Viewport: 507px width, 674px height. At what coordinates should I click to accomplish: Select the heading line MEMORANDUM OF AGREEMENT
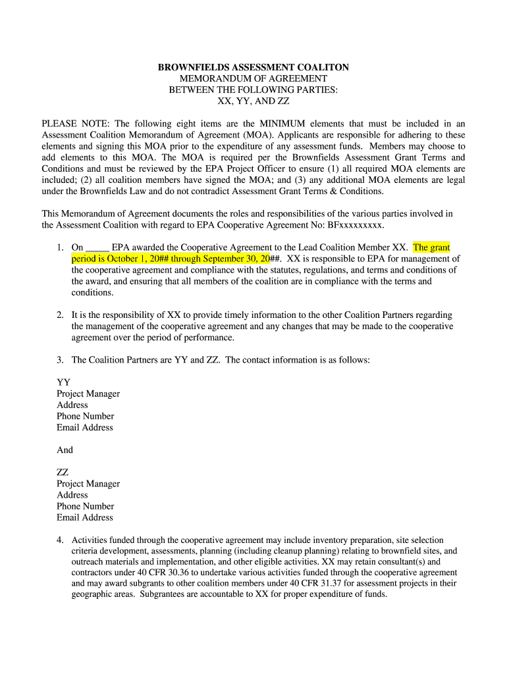(x=254, y=78)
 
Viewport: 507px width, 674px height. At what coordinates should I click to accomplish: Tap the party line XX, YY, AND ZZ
(x=254, y=102)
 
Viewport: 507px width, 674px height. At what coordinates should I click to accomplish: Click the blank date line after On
(x=97, y=247)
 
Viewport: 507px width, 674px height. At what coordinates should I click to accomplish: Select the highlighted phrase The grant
(x=431, y=247)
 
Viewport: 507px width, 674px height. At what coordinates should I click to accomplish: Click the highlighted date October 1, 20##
(x=138, y=259)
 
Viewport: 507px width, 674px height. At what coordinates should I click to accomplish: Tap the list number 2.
(x=59, y=315)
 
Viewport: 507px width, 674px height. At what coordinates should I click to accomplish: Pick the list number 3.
(x=59, y=360)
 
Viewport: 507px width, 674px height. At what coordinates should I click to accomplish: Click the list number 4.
(x=59, y=540)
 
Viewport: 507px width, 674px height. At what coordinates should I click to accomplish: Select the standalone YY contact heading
(x=63, y=382)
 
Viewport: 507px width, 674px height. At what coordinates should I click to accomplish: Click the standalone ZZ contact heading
(x=63, y=473)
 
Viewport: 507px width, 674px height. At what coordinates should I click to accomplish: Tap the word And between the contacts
(x=65, y=450)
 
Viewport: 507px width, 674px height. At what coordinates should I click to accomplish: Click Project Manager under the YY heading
(x=88, y=394)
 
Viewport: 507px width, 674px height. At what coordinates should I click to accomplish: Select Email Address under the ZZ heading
(x=85, y=517)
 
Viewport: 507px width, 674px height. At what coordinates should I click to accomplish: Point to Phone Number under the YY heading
(x=85, y=416)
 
